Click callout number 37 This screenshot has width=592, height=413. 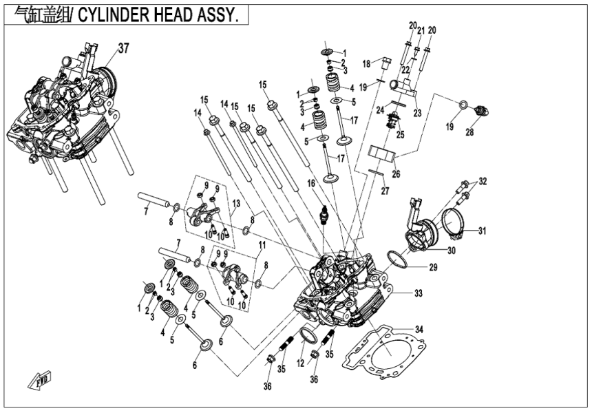123,48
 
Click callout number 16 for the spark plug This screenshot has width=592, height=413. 310,184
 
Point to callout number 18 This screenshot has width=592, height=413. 367,64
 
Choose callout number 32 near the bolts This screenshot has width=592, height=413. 483,182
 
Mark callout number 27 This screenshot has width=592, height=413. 386,191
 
